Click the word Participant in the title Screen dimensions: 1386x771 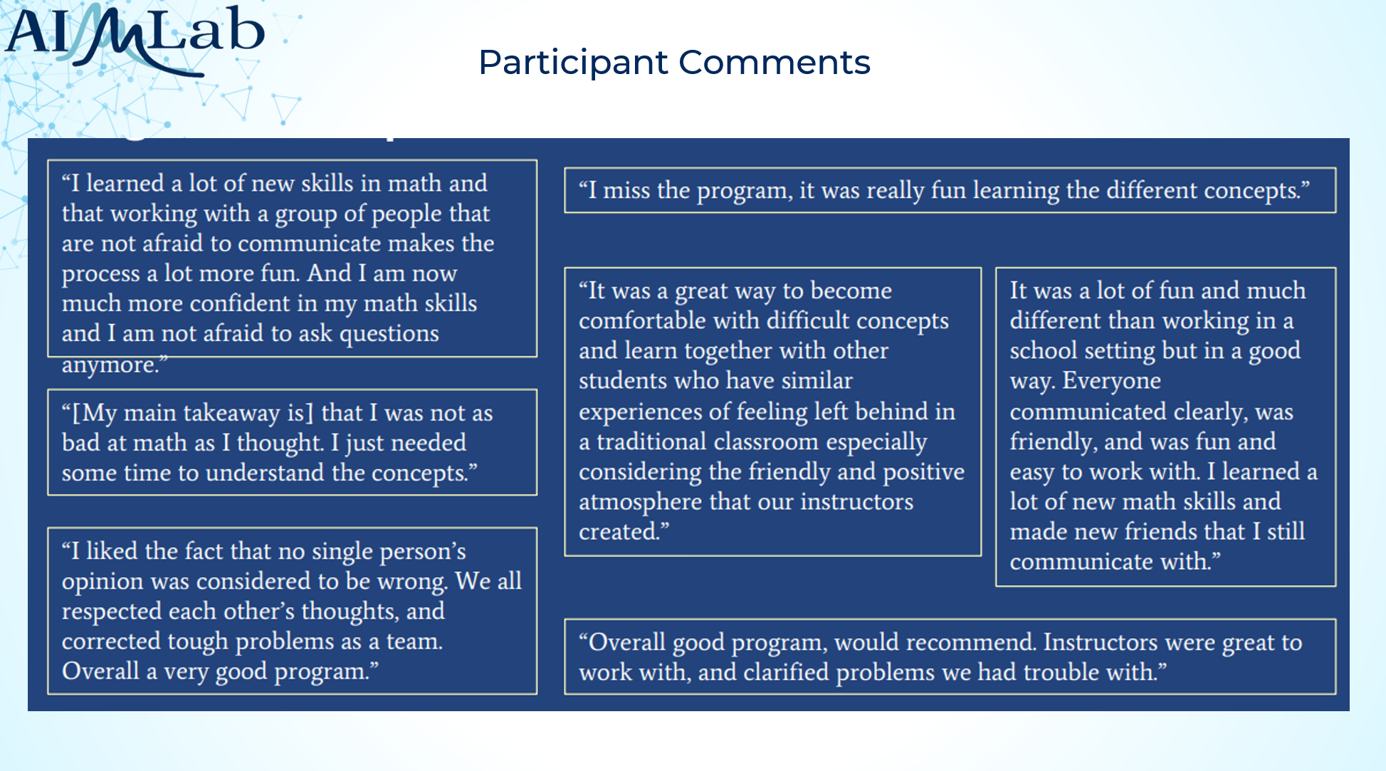tap(574, 63)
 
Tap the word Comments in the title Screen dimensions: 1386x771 tap(775, 63)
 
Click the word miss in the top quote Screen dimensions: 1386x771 tap(626, 190)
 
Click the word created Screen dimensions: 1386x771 tap(624, 532)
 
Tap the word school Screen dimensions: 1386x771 tap(1044, 350)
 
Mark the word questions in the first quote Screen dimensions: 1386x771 tap(389, 334)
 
